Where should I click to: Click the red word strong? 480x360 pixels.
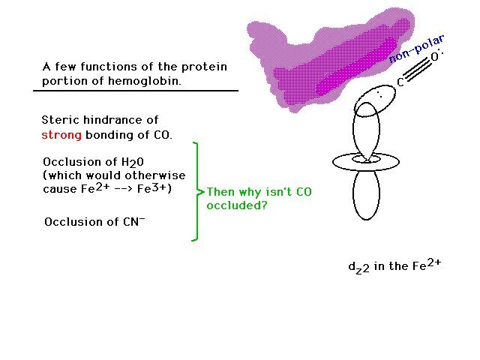pyautogui.click(x=61, y=135)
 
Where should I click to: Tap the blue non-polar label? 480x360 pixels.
pyautogui.click(x=416, y=49)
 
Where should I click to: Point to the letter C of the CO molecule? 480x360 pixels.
pyautogui.click(x=400, y=82)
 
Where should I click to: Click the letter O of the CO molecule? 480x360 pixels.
pyautogui.click(x=435, y=57)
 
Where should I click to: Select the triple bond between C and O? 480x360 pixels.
pyautogui.click(x=417, y=70)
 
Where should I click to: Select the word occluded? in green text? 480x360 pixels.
pyautogui.click(x=237, y=205)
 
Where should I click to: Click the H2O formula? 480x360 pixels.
pyautogui.click(x=133, y=162)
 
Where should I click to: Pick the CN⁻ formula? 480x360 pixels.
pyautogui.click(x=134, y=221)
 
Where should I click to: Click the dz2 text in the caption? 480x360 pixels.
pyautogui.click(x=358, y=268)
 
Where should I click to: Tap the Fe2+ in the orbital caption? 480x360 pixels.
pyautogui.click(x=427, y=265)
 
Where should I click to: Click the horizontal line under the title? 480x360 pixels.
pyautogui.click(x=136, y=91)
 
